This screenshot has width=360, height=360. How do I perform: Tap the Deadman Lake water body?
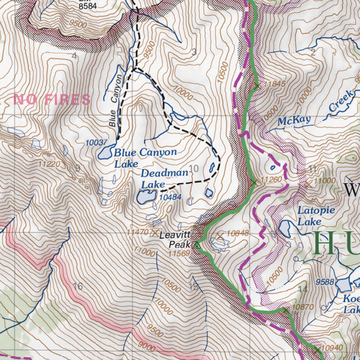(147, 197)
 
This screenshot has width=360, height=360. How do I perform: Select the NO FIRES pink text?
(52, 100)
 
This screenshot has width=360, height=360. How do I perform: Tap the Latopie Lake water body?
(284, 229)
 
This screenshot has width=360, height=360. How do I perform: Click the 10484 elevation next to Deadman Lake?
(170, 198)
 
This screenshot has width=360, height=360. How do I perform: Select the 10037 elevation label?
(96, 143)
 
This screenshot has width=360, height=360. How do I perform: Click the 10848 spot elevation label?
(238, 233)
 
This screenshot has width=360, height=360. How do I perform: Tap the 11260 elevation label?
(272, 180)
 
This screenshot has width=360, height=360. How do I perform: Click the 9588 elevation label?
(325, 282)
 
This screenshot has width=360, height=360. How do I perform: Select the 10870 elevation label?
(302, 307)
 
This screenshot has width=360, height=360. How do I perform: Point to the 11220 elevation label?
(50, 164)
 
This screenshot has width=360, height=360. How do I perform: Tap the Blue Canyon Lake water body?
(105, 153)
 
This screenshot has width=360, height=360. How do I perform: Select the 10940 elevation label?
(332, 348)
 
